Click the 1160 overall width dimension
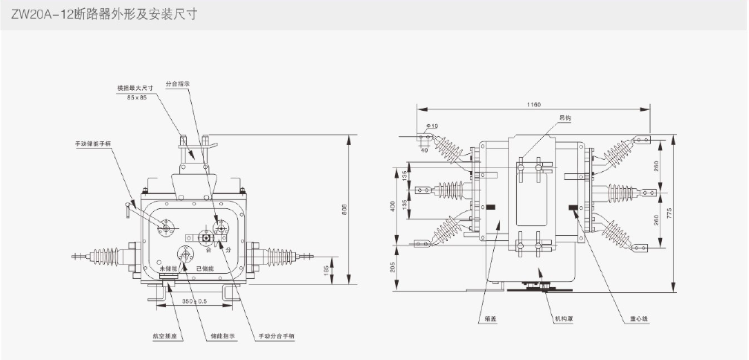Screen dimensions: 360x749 (532, 105)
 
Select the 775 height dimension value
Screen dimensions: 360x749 (669, 213)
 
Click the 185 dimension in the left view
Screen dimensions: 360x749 (326, 271)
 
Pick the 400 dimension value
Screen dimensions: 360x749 (394, 205)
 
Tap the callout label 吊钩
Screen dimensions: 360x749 (566, 118)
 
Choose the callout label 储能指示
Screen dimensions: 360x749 (222, 335)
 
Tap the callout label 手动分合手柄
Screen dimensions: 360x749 (276, 335)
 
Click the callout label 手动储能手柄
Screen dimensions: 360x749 (92, 143)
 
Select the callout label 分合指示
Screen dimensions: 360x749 (177, 84)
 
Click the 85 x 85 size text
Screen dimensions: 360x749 (137, 97)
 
